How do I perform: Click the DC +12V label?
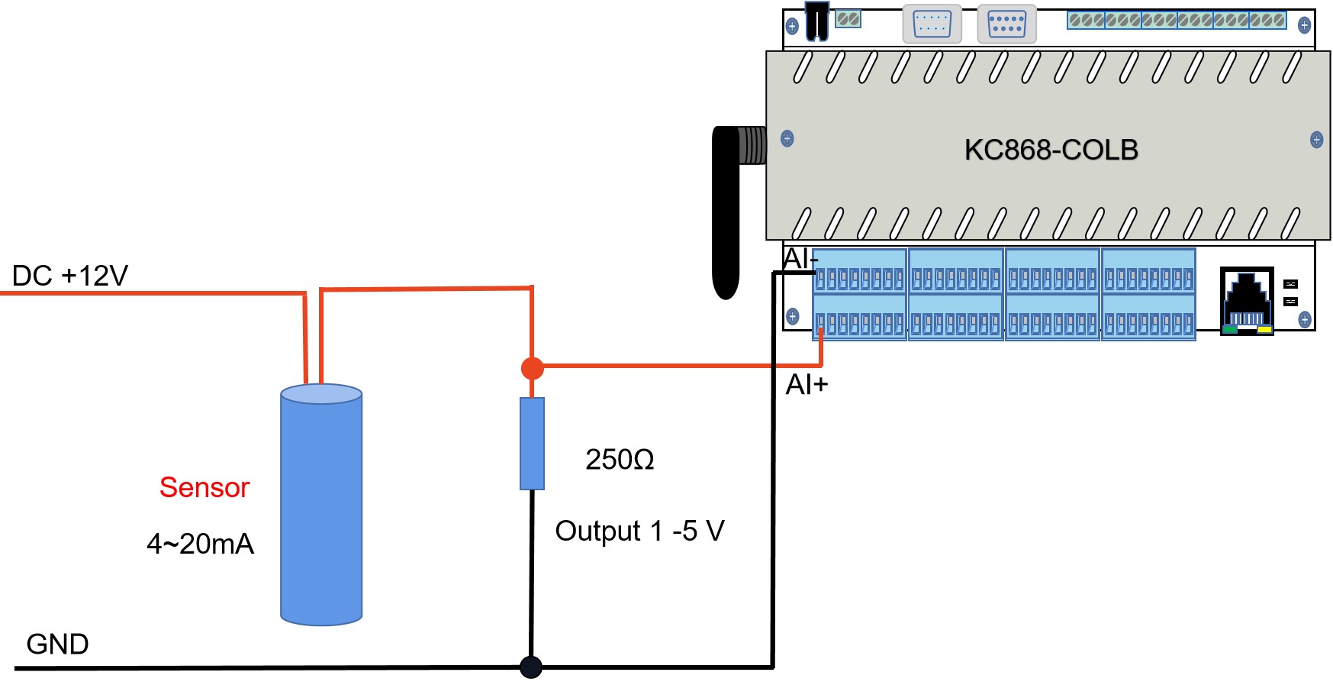70,276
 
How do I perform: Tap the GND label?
57,645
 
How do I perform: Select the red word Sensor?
204,487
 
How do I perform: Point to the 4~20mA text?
200,544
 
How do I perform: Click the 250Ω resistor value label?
620,460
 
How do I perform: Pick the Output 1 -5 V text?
639,532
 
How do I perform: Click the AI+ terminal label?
807,384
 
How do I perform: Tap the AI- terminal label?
800,259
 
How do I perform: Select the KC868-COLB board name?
1051,150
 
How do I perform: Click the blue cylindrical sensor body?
321,505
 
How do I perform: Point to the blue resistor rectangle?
532,444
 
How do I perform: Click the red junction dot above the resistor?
532,369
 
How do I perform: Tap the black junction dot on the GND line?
531,667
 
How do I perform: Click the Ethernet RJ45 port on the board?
1247,301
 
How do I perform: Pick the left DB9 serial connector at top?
932,24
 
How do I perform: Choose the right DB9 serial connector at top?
1006,24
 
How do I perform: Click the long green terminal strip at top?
1177,20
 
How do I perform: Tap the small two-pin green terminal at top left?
848,19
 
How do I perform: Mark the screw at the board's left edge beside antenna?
787,138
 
